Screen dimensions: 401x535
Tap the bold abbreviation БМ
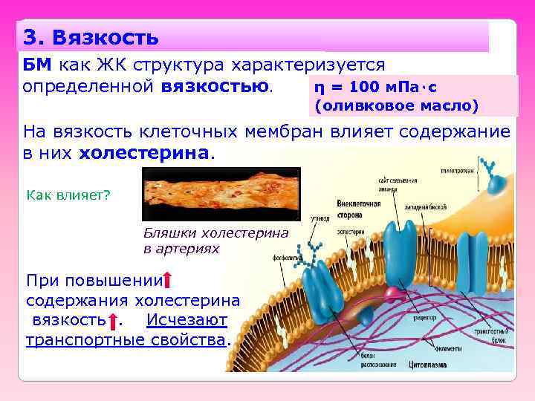point(37,65)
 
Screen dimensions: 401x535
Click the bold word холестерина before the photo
point(146,153)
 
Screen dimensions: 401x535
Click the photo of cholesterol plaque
point(220,194)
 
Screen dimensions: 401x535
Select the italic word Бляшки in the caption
point(167,232)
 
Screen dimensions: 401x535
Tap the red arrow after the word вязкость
point(112,322)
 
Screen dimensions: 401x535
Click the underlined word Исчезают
point(187,321)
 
